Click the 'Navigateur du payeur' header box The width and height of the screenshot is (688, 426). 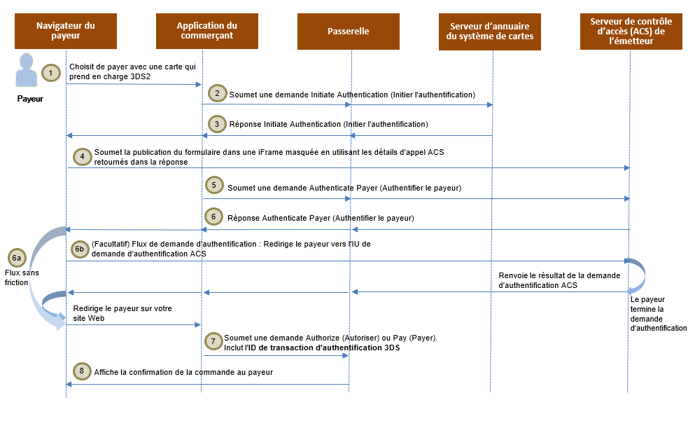coord(66,31)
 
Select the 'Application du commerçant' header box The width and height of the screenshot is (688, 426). coord(207,31)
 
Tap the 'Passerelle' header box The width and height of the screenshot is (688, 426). coord(349,31)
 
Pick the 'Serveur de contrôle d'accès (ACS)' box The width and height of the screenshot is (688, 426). coord(631,31)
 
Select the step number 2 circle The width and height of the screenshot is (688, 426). coord(217,93)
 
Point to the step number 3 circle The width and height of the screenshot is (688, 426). coord(217,123)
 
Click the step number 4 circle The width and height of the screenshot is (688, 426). coord(83,156)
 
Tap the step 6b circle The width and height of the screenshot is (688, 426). coord(80,248)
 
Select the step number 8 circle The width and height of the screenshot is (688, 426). coord(82,371)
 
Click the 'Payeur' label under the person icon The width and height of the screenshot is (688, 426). coord(30,99)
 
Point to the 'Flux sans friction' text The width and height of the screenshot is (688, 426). coord(17,277)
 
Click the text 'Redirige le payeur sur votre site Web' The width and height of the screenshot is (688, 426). coord(122,313)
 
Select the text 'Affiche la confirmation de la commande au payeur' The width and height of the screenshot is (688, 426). coord(183,373)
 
